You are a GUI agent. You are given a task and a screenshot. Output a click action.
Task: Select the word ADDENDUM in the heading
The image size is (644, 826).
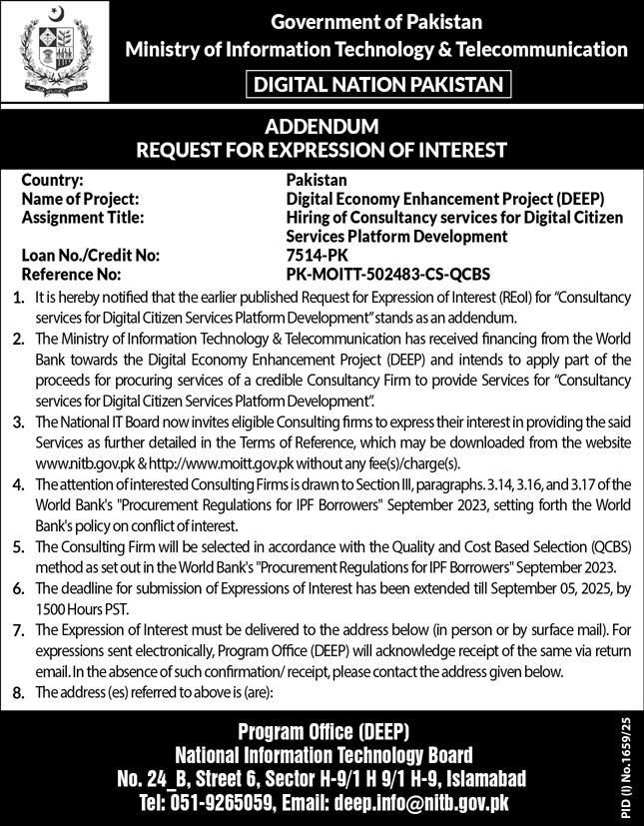(x=322, y=128)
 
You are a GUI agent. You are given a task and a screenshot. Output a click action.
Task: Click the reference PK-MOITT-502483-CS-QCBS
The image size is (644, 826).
(x=387, y=273)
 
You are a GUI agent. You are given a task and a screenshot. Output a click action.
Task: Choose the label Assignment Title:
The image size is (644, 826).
(x=83, y=217)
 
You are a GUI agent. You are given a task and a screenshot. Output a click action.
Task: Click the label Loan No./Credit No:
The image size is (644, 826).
(x=90, y=255)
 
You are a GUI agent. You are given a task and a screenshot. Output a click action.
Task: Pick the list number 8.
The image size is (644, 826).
(x=16, y=692)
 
